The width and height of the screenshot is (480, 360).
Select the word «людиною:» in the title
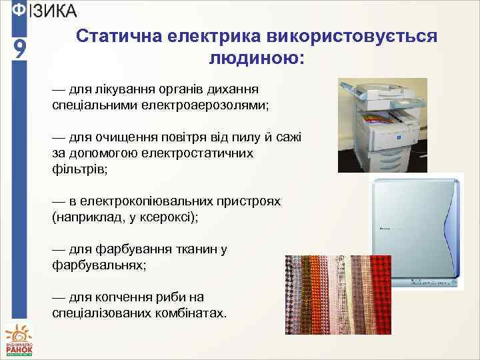[257, 59]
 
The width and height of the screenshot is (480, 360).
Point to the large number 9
[19, 50]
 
